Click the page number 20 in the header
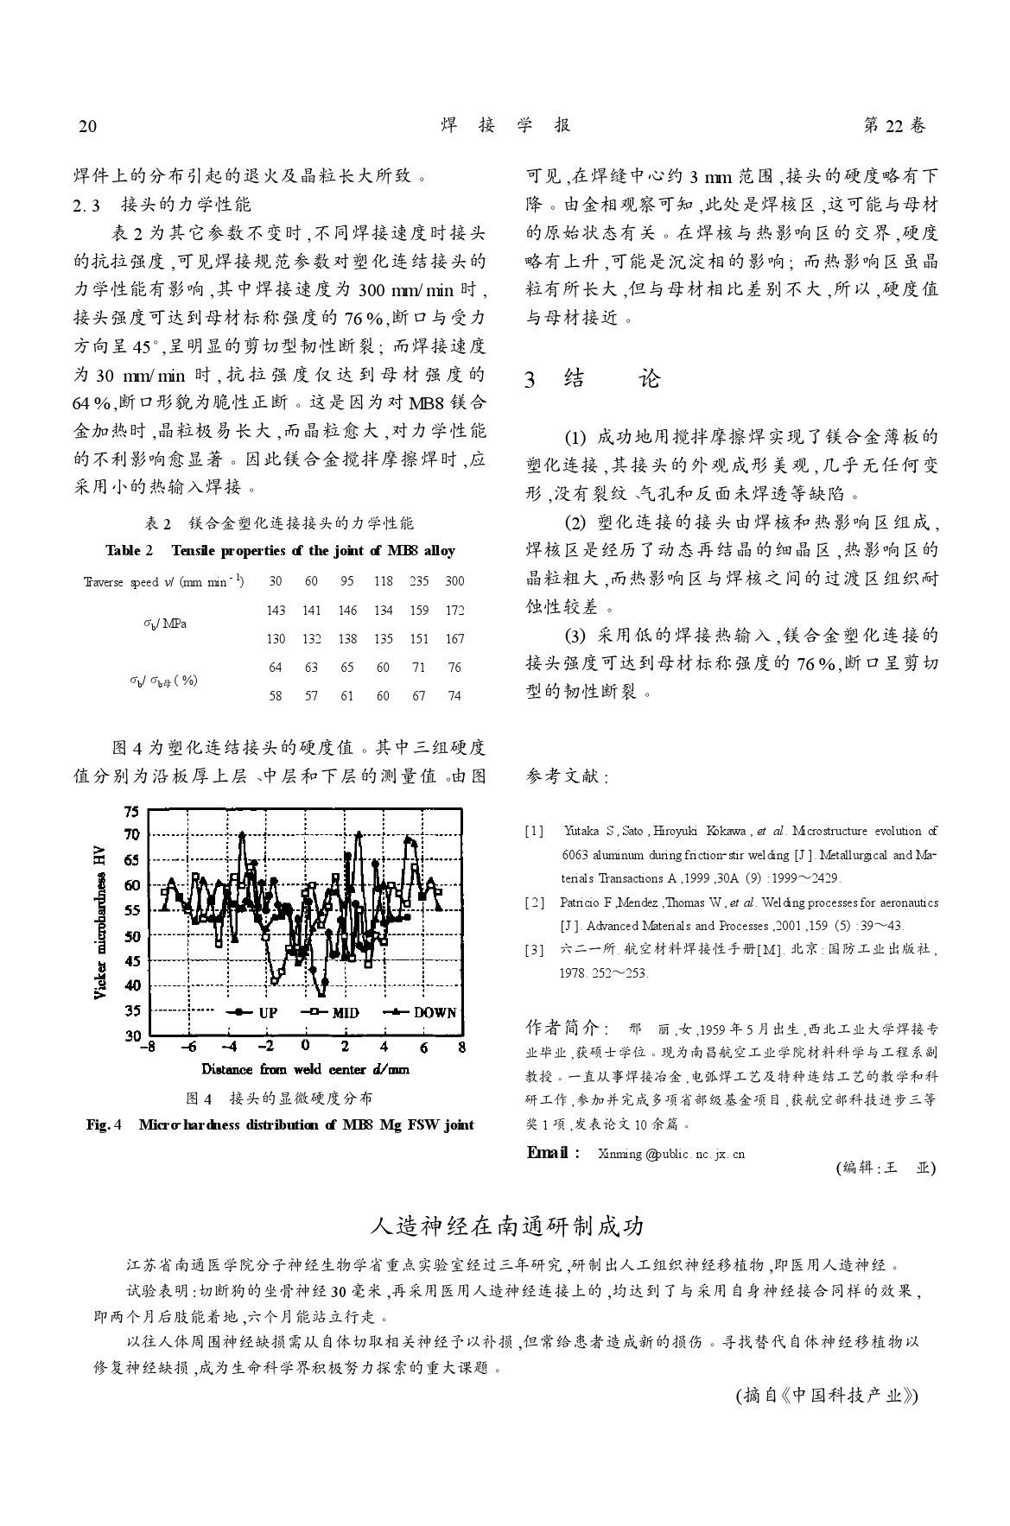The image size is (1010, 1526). (x=87, y=126)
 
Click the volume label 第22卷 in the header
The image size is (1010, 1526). (x=894, y=126)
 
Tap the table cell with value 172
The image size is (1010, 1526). (x=454, y=611)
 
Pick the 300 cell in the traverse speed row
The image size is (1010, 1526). (x=454, y=581)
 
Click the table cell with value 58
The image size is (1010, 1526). (x=276, y=695)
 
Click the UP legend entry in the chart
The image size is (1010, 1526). (x=257, y=1013)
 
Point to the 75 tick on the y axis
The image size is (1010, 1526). (x=131, y=811)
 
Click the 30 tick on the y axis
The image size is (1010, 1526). (x=131, y=1035)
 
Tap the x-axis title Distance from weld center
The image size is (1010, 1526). (x=305, y=1069)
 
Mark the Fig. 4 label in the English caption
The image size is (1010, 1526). (x=105, y=1124)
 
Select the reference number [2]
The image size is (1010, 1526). (x=535, y=902)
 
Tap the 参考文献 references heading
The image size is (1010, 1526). (x=566, y=777)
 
